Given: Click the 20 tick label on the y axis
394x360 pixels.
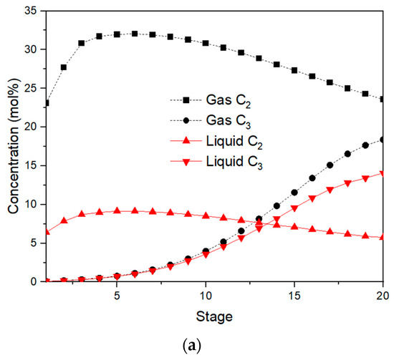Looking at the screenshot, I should tap(30, 127).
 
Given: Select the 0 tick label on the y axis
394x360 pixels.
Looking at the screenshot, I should tap(34, 281).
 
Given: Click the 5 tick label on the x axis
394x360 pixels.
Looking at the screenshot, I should tap(117, 295).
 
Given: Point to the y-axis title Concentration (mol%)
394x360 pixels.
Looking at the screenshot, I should tap(12, 146).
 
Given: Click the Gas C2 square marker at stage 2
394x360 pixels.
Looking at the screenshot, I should tap(64, 67).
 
